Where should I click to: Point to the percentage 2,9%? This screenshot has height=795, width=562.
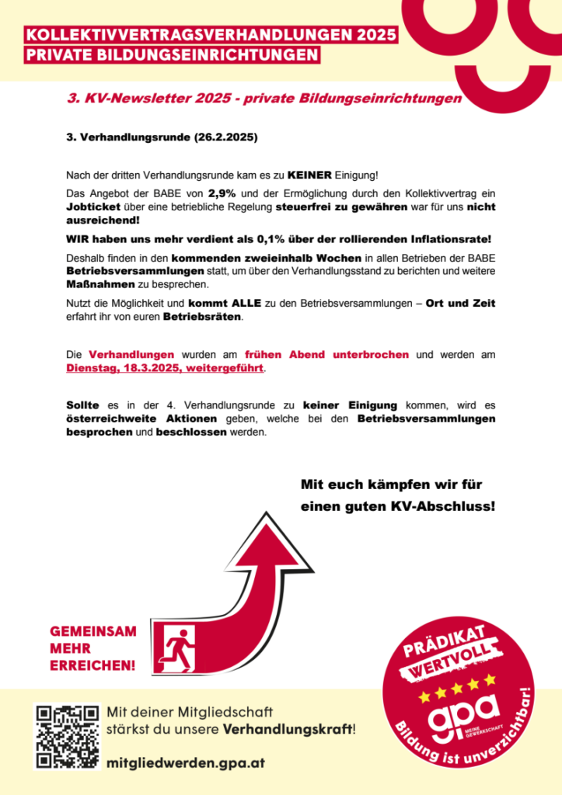pyautogui.click(x=222, y=192)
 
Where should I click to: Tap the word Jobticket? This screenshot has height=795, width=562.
pyautogui.click(x=93, y=207)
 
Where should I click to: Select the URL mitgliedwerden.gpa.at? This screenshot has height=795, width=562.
pyautogui.click(x=187, y=763)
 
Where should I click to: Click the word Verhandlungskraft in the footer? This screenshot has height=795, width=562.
pyautogui.click(x=287, y=730)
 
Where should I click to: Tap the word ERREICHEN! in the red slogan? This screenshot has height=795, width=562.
pyautogui.click(x=93, y=665)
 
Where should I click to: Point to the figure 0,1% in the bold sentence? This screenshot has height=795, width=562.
pyautogui.click(x=267, y=237)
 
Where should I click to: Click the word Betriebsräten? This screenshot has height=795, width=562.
pyautogui.click(x=203, y=318)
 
